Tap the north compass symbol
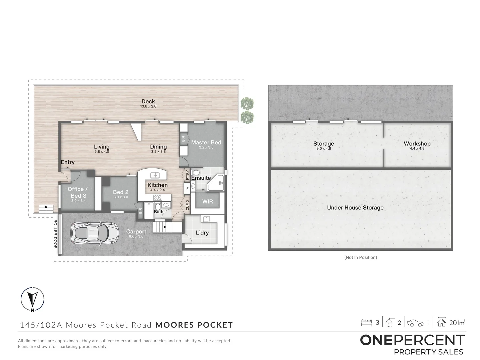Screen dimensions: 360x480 point(32,299)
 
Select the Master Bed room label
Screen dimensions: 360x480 point(206,142)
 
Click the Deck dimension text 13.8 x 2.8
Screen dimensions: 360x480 point(148,107)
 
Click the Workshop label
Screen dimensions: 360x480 point(417,144)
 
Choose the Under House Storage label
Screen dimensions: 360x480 point(355,208)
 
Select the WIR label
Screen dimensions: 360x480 point(207,202)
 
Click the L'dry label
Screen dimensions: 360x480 point(202,233)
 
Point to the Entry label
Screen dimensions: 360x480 point(68,162)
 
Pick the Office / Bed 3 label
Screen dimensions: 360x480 point(78,192)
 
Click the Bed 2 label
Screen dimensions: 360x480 point(121,192)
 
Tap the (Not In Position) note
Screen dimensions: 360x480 point(361,257)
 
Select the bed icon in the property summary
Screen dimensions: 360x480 point(366,322)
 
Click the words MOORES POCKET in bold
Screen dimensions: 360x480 point(194,325)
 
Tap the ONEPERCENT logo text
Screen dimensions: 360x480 point(412,340)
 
